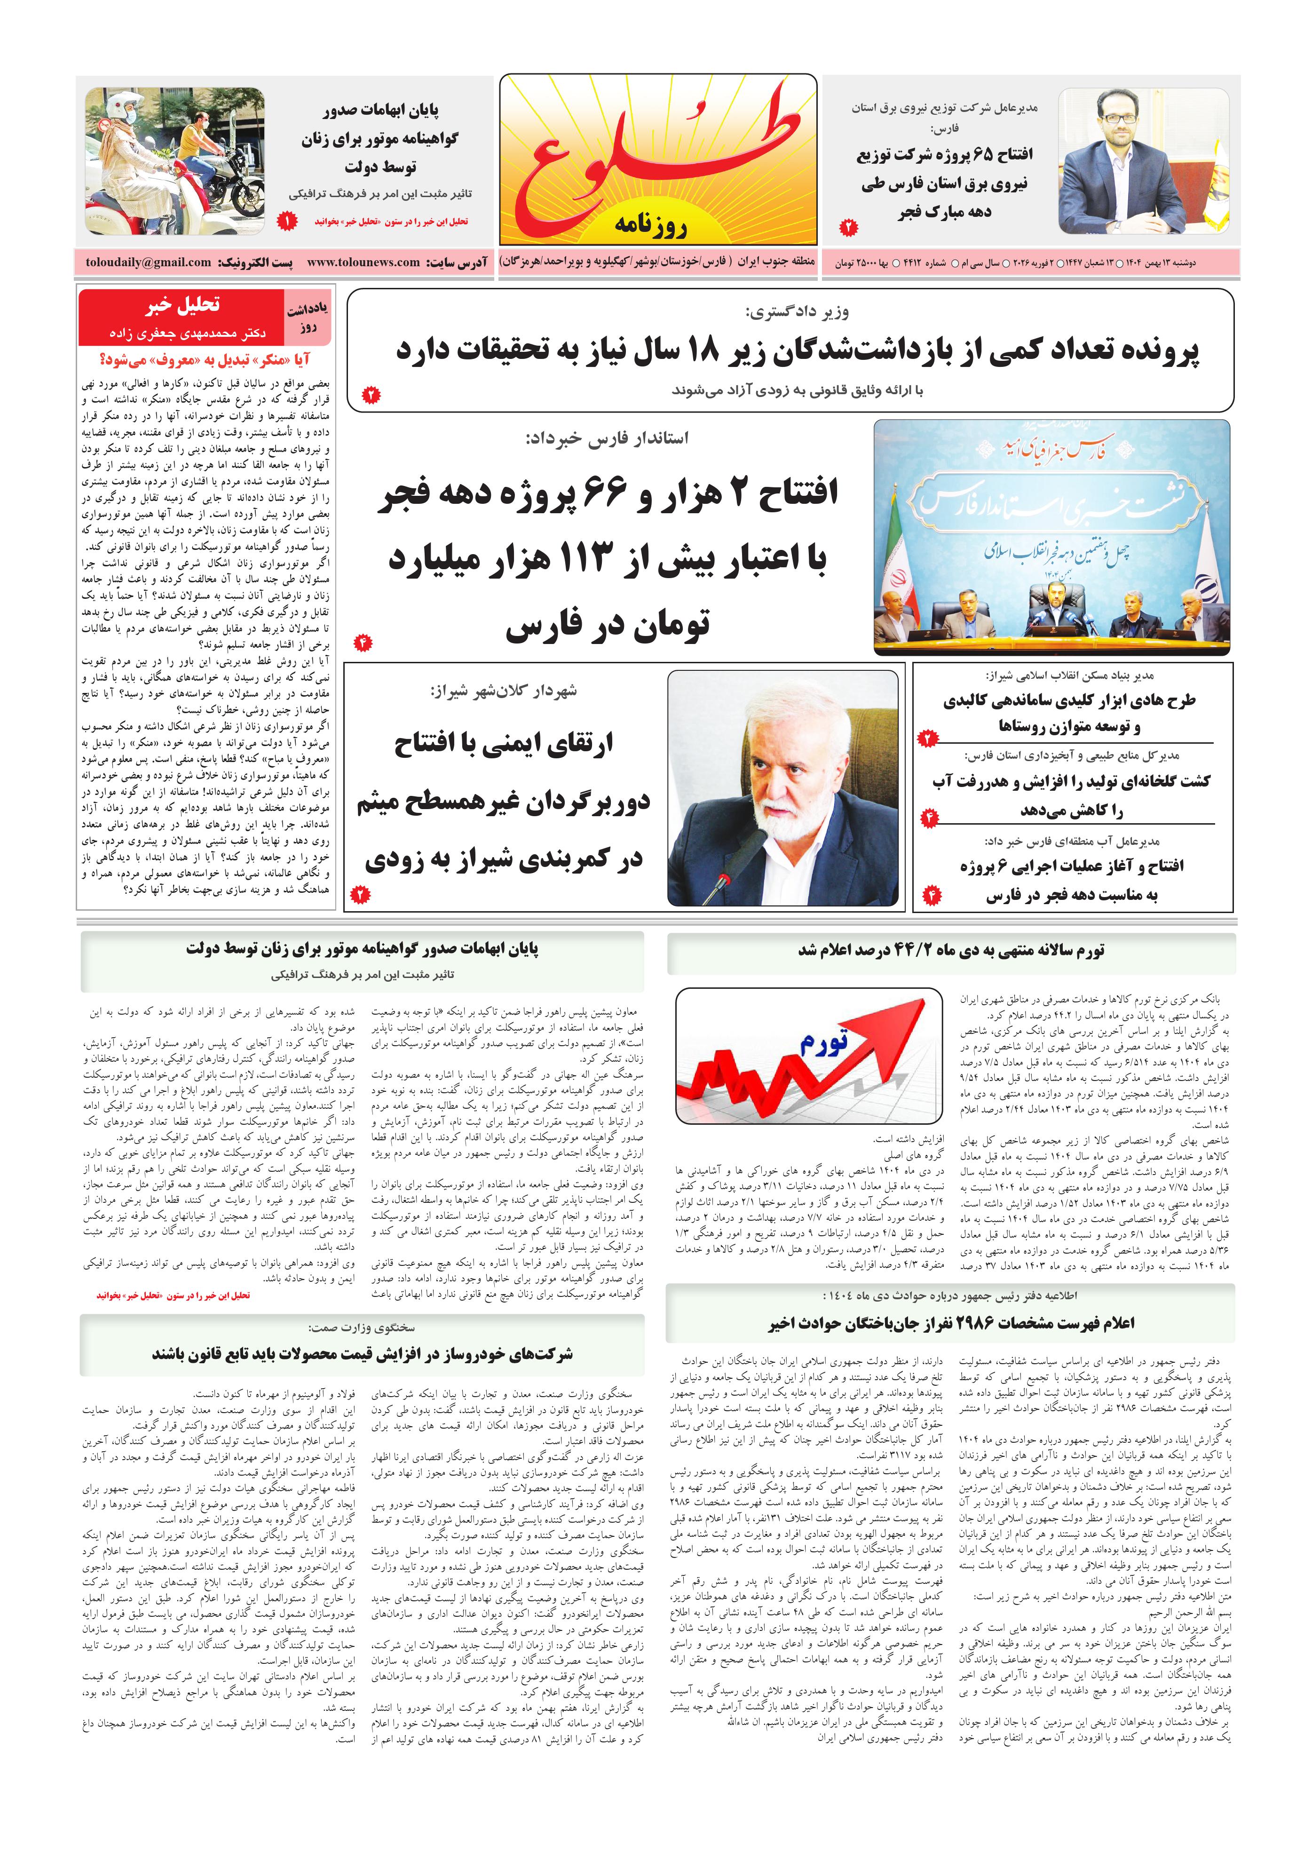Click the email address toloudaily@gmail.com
pyautogui.click(x=149, y=262)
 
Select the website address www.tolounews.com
pyautogui.click(x=363, y=262)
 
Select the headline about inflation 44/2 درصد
pyautogui.click(x=952, y=950)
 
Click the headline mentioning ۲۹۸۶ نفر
pyautogui.click(x=952, y=1323)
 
